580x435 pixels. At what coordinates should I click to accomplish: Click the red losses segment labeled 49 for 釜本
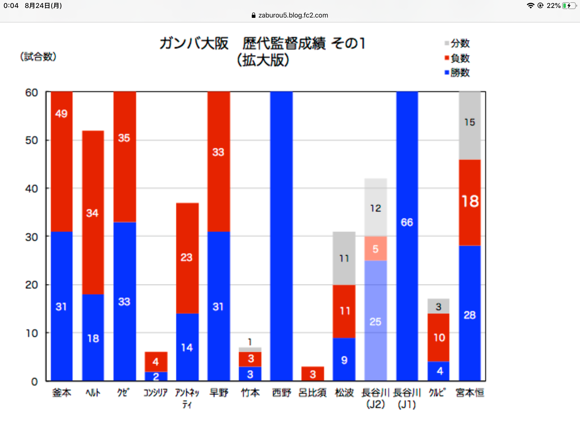(61, 161)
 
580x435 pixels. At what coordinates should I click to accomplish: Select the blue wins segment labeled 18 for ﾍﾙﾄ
(93, 338)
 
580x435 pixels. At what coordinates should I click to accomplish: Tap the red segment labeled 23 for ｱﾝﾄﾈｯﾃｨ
(187, 258)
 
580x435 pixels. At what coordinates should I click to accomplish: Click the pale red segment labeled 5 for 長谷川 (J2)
(376, 249)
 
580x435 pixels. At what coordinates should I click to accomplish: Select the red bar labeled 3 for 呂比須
(313, 374)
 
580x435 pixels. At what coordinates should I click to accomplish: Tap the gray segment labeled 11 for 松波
(344, 258)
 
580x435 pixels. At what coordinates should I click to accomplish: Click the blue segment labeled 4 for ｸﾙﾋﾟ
(438, 371)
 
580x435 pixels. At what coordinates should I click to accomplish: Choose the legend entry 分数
(457, 43)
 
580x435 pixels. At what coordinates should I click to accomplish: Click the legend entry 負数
(457, 58)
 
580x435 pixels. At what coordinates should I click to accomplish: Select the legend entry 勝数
(457, 73)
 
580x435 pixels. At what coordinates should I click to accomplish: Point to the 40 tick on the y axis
(31, 189)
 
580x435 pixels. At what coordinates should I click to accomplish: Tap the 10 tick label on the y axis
(31, 333)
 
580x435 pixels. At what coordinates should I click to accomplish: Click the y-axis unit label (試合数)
(38, 57)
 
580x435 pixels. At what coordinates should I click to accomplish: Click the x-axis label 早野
(219, 393)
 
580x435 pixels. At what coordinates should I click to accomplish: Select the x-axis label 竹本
(250, 393)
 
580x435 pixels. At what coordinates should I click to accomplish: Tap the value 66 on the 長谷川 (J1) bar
(407, 222)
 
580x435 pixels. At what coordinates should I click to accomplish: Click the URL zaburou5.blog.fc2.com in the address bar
(293, 15)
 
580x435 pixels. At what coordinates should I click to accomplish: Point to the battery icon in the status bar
(569, 6)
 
